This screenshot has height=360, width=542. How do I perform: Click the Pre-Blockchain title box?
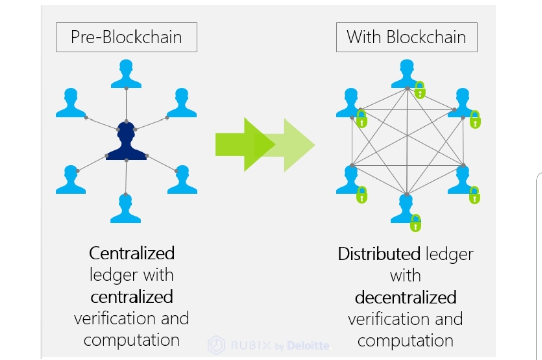[x=126, y=37]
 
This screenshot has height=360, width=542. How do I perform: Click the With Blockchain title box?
[x=406, y=37]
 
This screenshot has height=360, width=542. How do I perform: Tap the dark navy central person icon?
[x=126, y=142]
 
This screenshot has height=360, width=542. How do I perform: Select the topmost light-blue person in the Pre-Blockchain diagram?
[x=126, y=74]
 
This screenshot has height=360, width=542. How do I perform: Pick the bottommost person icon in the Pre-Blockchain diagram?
[x=125, y=209]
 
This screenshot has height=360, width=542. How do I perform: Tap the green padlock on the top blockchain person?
[x=420, y=90]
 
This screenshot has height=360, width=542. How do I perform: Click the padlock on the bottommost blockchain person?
[x=415, y=223]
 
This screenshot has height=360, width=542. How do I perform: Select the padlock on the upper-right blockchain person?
[x=475, y=119]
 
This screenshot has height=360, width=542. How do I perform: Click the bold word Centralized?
[x=132, y=253]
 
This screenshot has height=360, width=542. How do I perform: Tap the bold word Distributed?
[x=379, y=254]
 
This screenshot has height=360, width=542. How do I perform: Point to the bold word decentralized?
[x=405, y=298]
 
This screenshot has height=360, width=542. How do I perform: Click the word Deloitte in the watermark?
[x=308, y=346]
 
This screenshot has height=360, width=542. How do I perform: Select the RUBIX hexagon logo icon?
[x=217, y=345]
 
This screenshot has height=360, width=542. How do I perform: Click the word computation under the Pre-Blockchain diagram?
[x=131, y=340]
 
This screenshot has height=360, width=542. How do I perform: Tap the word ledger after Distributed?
[x=449, y=254]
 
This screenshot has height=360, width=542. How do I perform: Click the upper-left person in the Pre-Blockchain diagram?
[x=71, y=103]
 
